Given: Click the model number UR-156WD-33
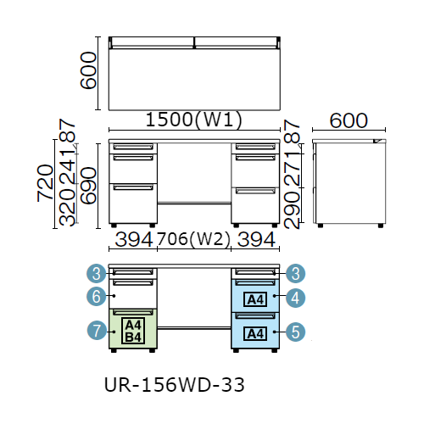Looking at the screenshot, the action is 175,385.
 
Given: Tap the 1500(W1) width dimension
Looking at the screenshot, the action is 194,120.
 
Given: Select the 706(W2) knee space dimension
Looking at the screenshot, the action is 193,239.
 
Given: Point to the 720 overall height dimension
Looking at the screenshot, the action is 45,183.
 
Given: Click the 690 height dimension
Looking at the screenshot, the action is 88,186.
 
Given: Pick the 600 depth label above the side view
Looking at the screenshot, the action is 349,120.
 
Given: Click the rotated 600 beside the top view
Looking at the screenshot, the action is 88,70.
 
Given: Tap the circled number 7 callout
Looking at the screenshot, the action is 97,331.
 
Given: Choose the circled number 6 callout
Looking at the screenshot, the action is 97,297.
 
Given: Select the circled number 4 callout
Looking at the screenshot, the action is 295,298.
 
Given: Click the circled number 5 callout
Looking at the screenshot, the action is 295,332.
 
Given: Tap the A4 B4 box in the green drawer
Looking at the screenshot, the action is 133,331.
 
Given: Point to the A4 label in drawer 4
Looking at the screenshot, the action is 255,299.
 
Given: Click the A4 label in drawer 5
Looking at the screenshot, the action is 255,334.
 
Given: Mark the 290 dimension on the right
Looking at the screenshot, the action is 292,209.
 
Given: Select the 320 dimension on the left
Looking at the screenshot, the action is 67,208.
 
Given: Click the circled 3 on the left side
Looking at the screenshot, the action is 97,274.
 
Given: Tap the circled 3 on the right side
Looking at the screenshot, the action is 295,274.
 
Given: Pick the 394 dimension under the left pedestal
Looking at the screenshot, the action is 134,240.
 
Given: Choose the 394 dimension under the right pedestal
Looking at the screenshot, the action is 256,240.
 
